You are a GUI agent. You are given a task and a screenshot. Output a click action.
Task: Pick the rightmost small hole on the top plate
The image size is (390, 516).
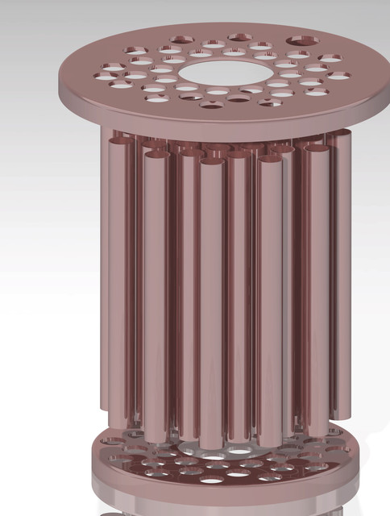pyautogui.click(x=339, y=76)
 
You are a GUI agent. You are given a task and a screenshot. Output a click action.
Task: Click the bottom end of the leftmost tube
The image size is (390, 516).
pyautogui.click(x=109, y=407)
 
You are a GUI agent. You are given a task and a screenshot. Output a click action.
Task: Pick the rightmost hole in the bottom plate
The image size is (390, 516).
pyautogui.click(x=339, y=456)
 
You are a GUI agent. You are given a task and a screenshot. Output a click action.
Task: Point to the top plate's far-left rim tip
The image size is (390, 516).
pyautogui.click(x=60, y=81)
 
